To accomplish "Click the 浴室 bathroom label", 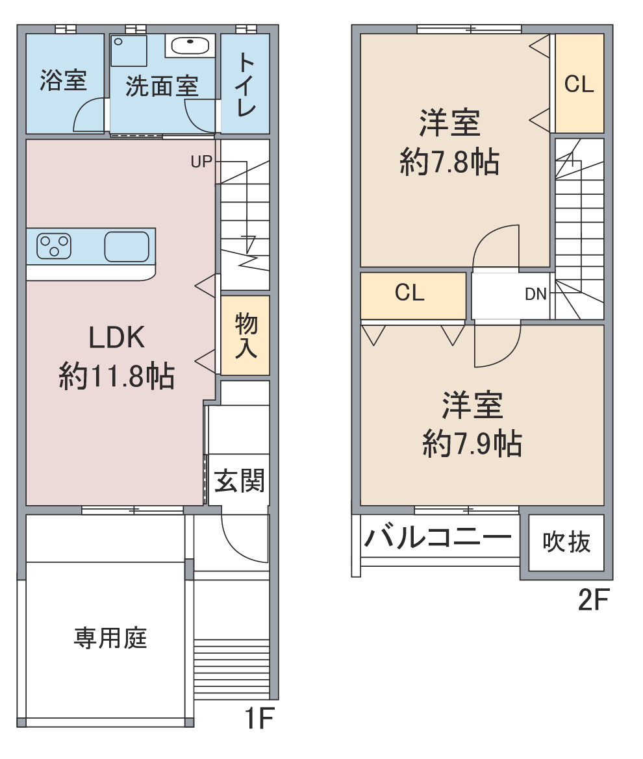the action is (64, 81).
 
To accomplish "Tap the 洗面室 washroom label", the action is (162, 87).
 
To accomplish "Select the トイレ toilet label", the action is (246, 84).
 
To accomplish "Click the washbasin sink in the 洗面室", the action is (190, 46).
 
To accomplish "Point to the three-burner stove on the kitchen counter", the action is (54, 246).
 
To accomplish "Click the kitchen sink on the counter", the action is (127, 246).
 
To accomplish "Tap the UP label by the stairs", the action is (201, 162).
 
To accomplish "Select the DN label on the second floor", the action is (536, 294).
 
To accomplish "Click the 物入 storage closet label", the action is (246, 336).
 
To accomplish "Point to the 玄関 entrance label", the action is (239, 480).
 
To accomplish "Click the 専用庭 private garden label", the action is (110, 638).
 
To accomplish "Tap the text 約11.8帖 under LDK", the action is (117, 376).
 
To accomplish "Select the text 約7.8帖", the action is (449, 162).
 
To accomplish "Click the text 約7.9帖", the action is (472, 443).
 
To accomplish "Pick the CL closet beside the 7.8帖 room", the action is (579, 84).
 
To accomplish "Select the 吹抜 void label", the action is (566, 542).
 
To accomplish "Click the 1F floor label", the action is (260, 718).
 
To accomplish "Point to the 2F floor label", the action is (594, 600).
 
